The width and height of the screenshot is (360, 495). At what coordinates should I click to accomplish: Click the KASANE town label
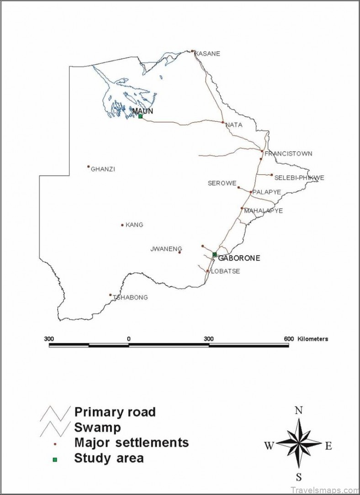point(207,53)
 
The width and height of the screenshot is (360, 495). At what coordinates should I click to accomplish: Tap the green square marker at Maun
point(140,116)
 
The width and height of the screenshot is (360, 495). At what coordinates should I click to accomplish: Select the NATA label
point(234,125)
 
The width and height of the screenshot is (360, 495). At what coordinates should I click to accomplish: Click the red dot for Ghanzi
point(89,167)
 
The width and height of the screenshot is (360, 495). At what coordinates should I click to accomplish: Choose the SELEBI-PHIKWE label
point(299,178)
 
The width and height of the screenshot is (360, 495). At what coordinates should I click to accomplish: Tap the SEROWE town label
point(222,184)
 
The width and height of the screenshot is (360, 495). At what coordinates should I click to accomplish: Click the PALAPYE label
point(266,192)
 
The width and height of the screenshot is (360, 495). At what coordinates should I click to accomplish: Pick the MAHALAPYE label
point(264,211)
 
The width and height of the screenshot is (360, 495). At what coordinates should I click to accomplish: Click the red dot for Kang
point(122,225)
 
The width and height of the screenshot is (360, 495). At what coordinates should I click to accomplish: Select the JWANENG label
point(163,249)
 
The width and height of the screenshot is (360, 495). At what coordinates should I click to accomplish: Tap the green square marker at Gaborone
point(214,254)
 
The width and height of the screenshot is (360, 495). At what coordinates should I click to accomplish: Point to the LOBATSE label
point(225,271)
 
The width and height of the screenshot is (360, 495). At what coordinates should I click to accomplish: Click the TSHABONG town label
point(131,297)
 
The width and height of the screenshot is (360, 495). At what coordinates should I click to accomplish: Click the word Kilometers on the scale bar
point(313,339)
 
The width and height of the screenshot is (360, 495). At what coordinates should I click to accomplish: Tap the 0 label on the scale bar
point(129,339)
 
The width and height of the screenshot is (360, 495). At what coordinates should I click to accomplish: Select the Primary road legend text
point(115,412)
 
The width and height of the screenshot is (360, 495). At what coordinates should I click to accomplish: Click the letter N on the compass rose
point(299,410)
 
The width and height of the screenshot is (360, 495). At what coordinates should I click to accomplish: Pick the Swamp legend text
point(98,427)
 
